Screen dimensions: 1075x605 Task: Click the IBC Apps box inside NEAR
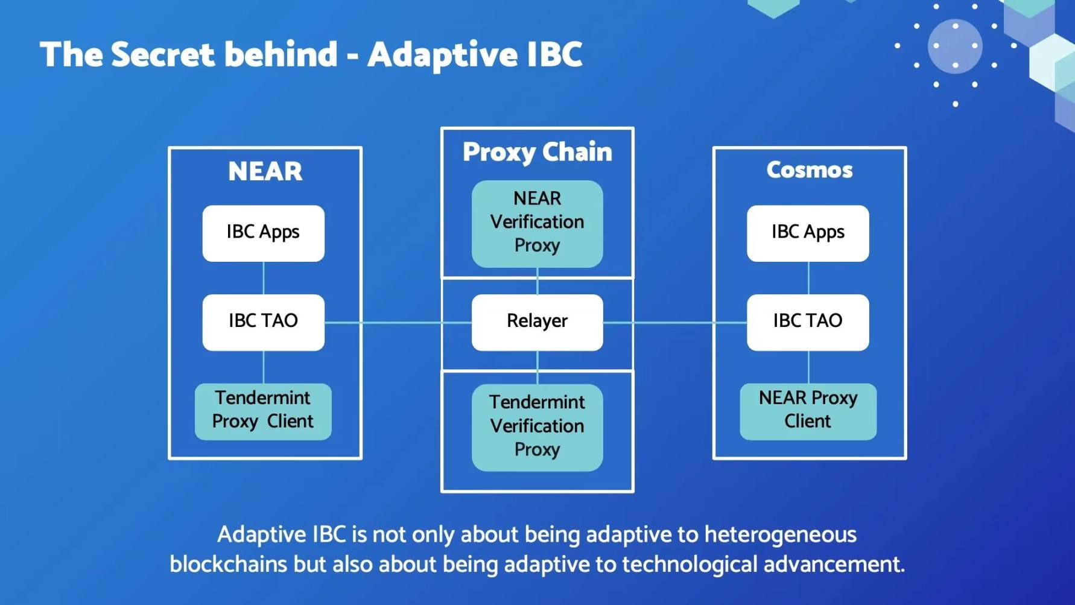point(263,233)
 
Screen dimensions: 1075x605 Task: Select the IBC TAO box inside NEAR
point(263,322)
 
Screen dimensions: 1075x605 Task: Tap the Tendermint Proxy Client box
point(263,411)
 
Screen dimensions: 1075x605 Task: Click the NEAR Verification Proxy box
point(537,224)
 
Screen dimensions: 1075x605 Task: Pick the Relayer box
point(537,322)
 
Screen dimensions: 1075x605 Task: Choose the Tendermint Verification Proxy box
point(537,428)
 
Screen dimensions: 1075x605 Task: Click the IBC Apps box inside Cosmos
point(808,233)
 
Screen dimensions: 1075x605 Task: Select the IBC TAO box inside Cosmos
point(808,322)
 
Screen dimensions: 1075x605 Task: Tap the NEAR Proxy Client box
point(808,411)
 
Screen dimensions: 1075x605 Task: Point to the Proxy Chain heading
point(537,152)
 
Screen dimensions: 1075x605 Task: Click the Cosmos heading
point(810,170)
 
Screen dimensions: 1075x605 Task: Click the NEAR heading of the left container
point(265,171)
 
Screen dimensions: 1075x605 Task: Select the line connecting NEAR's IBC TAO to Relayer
point(398,323)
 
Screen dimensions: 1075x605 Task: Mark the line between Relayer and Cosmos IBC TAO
point(675,323)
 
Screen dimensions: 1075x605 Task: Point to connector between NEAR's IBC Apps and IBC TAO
point(264,278)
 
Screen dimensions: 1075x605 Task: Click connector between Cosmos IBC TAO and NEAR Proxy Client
point(808,367)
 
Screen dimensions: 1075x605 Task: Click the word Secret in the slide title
point(163,54)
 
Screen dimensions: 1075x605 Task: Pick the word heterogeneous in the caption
point(781,535)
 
